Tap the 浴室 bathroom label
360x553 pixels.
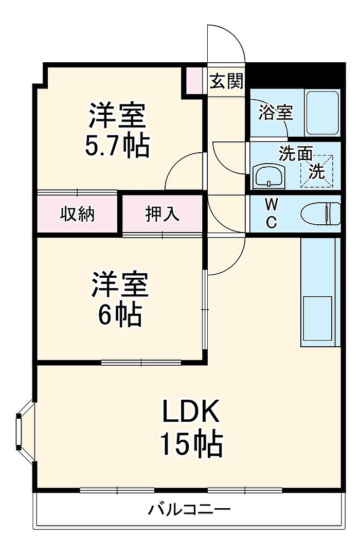(x=275, y=113)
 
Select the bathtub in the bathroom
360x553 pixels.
(x=322, y=113)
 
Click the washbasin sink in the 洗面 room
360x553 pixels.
(x=269, y=175)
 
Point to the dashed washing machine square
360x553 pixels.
(x=316, y=170)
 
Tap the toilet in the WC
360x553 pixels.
(x=321, y=213)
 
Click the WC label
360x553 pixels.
(x=271, y=213)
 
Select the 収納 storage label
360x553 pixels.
(x=77, y=213)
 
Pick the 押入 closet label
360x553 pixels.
(x=163, y=213)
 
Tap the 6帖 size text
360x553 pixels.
(x=120, y=313)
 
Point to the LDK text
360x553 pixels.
(x=191, y=411)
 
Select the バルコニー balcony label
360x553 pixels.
(x=189, y=510)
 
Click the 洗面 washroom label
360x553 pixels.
(x=296, y=154)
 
